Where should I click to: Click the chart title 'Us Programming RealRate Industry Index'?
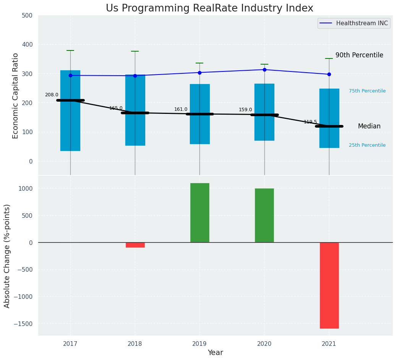click(209, 8)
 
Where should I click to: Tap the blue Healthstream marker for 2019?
click(199, 73)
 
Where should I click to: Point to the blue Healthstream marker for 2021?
click(329, 74)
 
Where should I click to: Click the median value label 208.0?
click(52, 95)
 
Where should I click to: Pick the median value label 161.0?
click(181, 109)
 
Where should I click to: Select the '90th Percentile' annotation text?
click(359, 55)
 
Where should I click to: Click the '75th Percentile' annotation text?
click(367, 91)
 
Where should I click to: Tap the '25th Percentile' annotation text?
click(367, 145)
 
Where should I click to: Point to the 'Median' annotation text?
click(369, 126)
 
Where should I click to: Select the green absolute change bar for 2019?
click(199, 212)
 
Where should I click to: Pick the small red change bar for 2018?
click(135, 245)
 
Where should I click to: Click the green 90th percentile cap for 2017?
click(70, 50)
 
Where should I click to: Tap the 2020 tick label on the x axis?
click(264, 344)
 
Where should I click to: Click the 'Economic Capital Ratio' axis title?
click(16, 96)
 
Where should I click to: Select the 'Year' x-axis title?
click(215, 353)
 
